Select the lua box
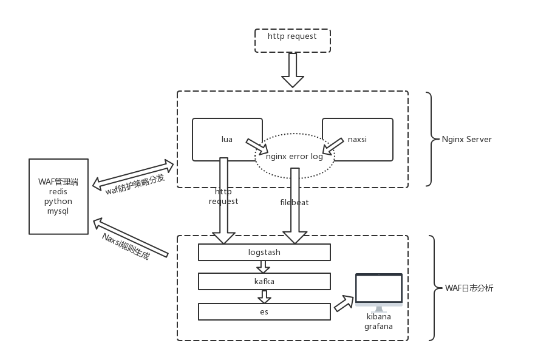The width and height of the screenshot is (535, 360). (227, 140)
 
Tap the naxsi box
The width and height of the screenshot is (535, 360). (357, 140)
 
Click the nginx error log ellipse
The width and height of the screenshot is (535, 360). (295, 156)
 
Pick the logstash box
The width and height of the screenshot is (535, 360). (264, 252)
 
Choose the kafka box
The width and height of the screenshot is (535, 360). (264, 281)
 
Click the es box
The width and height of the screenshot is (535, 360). (264, 311)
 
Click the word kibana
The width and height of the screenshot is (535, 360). (378, 316)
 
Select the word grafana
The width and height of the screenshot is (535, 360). (378, 326)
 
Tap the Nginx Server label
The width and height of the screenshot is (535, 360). (466, 139)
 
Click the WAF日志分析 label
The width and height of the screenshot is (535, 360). (469, 288)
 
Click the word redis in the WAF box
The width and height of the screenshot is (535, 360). (58, 191)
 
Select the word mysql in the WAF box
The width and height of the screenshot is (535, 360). (58, 211)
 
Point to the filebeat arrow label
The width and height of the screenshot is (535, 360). (294, 202)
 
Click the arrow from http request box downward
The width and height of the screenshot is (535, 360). (293, 69)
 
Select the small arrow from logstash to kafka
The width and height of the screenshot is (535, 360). (264, 267)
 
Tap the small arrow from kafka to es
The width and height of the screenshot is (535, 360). (264, 296)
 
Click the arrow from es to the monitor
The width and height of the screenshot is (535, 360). (344, 302)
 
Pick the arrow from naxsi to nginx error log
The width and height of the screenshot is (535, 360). (332, 146)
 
